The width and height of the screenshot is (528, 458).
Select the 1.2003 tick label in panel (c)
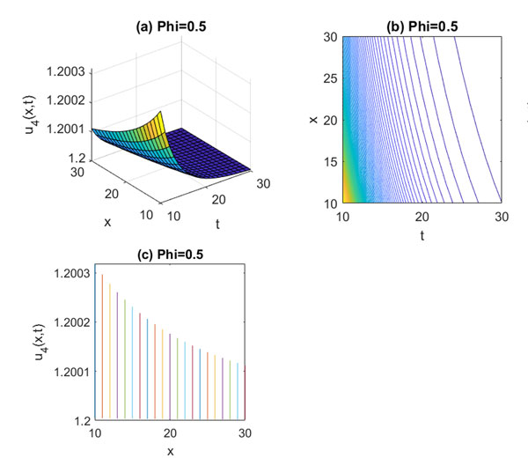point(76,275)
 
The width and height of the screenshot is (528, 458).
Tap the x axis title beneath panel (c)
point(170,451)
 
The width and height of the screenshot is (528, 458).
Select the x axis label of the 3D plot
point(107,222)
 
